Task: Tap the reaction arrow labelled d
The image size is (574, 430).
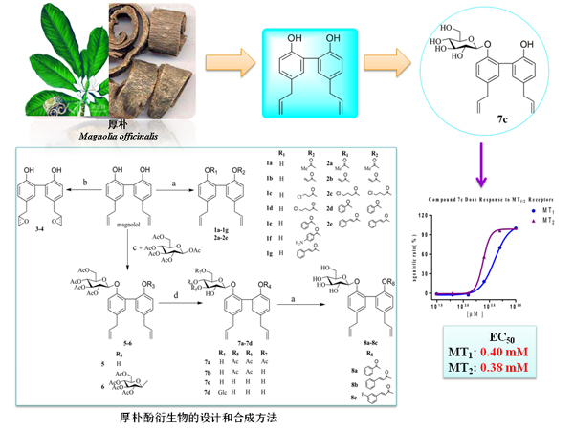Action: [x=175, y=301]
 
